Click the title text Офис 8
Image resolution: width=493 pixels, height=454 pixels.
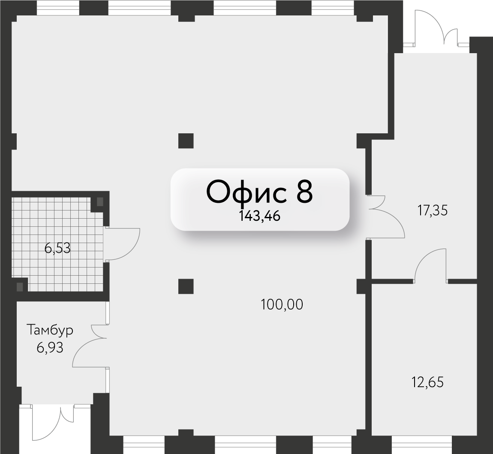tap(260, 192)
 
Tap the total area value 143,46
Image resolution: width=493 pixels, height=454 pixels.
tap(260, 216)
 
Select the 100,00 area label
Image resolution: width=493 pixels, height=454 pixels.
tap(282, 305)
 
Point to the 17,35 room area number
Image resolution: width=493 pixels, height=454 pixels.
tap(432, 210)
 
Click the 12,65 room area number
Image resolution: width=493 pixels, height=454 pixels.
tap(427, 382)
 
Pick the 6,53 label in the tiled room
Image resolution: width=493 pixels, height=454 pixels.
tap(57, 248)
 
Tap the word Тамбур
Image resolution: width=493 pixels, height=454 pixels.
tap(50, 330)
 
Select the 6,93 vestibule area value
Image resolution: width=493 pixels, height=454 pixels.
tap(50, 348)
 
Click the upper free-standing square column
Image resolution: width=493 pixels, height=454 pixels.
tap(186, 141)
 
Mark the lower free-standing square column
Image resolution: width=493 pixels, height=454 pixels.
tap(186, 286)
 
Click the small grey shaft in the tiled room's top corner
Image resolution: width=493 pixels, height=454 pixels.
tap(99, 201)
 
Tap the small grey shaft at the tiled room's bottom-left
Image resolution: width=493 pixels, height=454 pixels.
tap(19, 287)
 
